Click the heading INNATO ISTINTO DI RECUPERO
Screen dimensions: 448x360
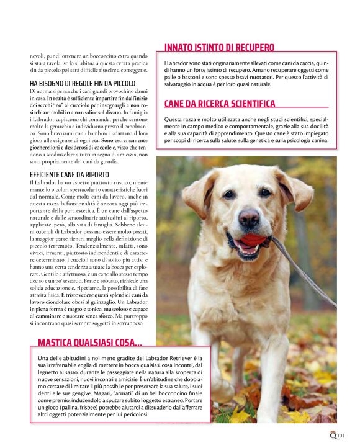tap(219, 47)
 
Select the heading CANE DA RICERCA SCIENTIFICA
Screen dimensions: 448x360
tap(219, 104)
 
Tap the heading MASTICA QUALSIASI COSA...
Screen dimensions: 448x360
tap(89, 343)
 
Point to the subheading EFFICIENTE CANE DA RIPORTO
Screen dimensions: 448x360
tap(69, 174)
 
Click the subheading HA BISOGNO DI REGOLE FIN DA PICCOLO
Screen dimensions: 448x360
tap(81, 83)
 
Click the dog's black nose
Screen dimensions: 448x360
tap(249, 217)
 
